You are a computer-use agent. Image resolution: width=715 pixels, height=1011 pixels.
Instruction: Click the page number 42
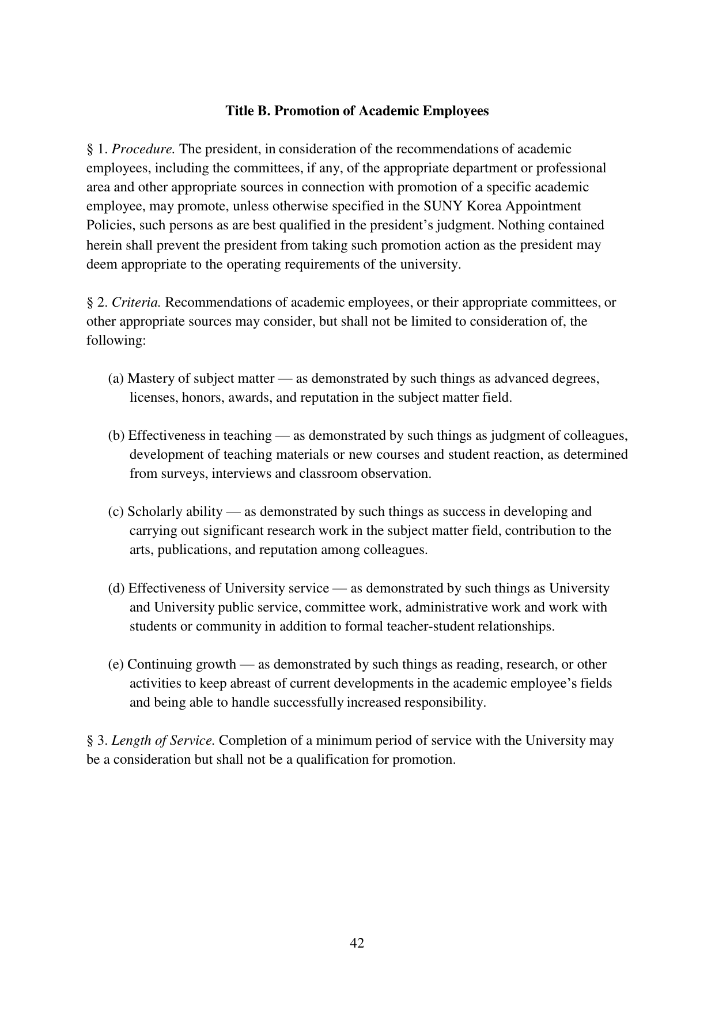(x=357, y=943)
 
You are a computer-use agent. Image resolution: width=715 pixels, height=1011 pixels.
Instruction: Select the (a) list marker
(x=116, y=379)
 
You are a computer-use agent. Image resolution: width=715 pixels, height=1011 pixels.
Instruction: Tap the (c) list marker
(x=116, y=512)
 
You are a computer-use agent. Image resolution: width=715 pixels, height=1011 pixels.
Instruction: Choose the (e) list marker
(x=116, y=665)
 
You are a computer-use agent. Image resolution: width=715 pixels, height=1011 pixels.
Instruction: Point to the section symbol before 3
(x=90, y=741)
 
